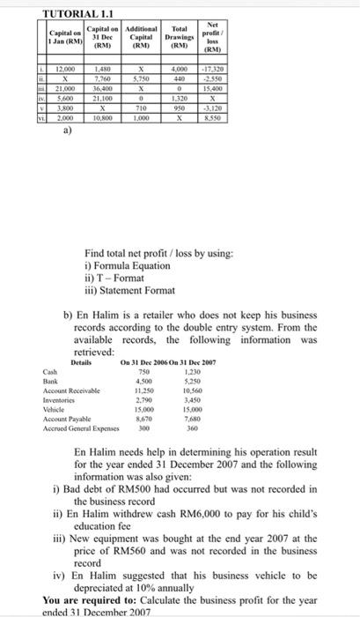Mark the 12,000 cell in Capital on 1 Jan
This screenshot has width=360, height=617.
[x=62, y=69]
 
